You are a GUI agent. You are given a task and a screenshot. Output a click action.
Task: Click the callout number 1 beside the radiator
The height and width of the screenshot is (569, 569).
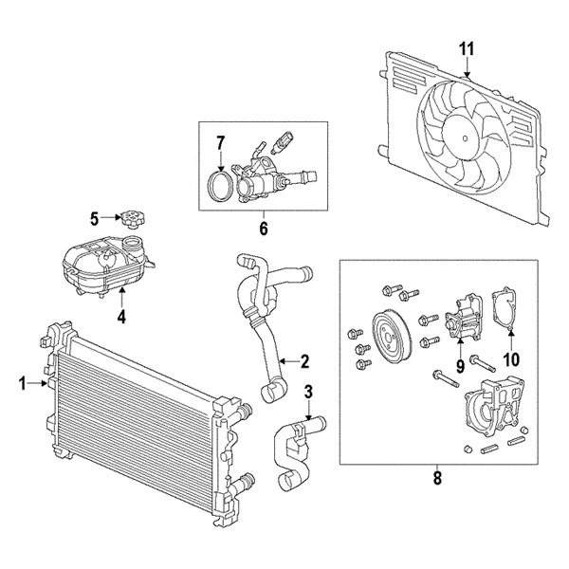(22, 383)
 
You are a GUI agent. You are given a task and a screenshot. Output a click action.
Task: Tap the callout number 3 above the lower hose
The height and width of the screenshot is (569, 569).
(308, 391)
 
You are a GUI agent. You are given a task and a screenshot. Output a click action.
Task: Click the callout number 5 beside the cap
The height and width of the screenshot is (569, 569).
(94, 219)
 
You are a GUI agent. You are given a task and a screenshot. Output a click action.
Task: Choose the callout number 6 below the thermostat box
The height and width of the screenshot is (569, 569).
(264, 229)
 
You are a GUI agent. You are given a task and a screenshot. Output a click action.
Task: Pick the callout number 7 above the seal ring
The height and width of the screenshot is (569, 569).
(219, 143)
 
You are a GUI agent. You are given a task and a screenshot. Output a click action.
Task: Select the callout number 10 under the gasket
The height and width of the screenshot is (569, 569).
(511, 359)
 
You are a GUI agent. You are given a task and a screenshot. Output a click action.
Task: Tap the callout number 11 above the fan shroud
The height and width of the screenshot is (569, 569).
(465, 47)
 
